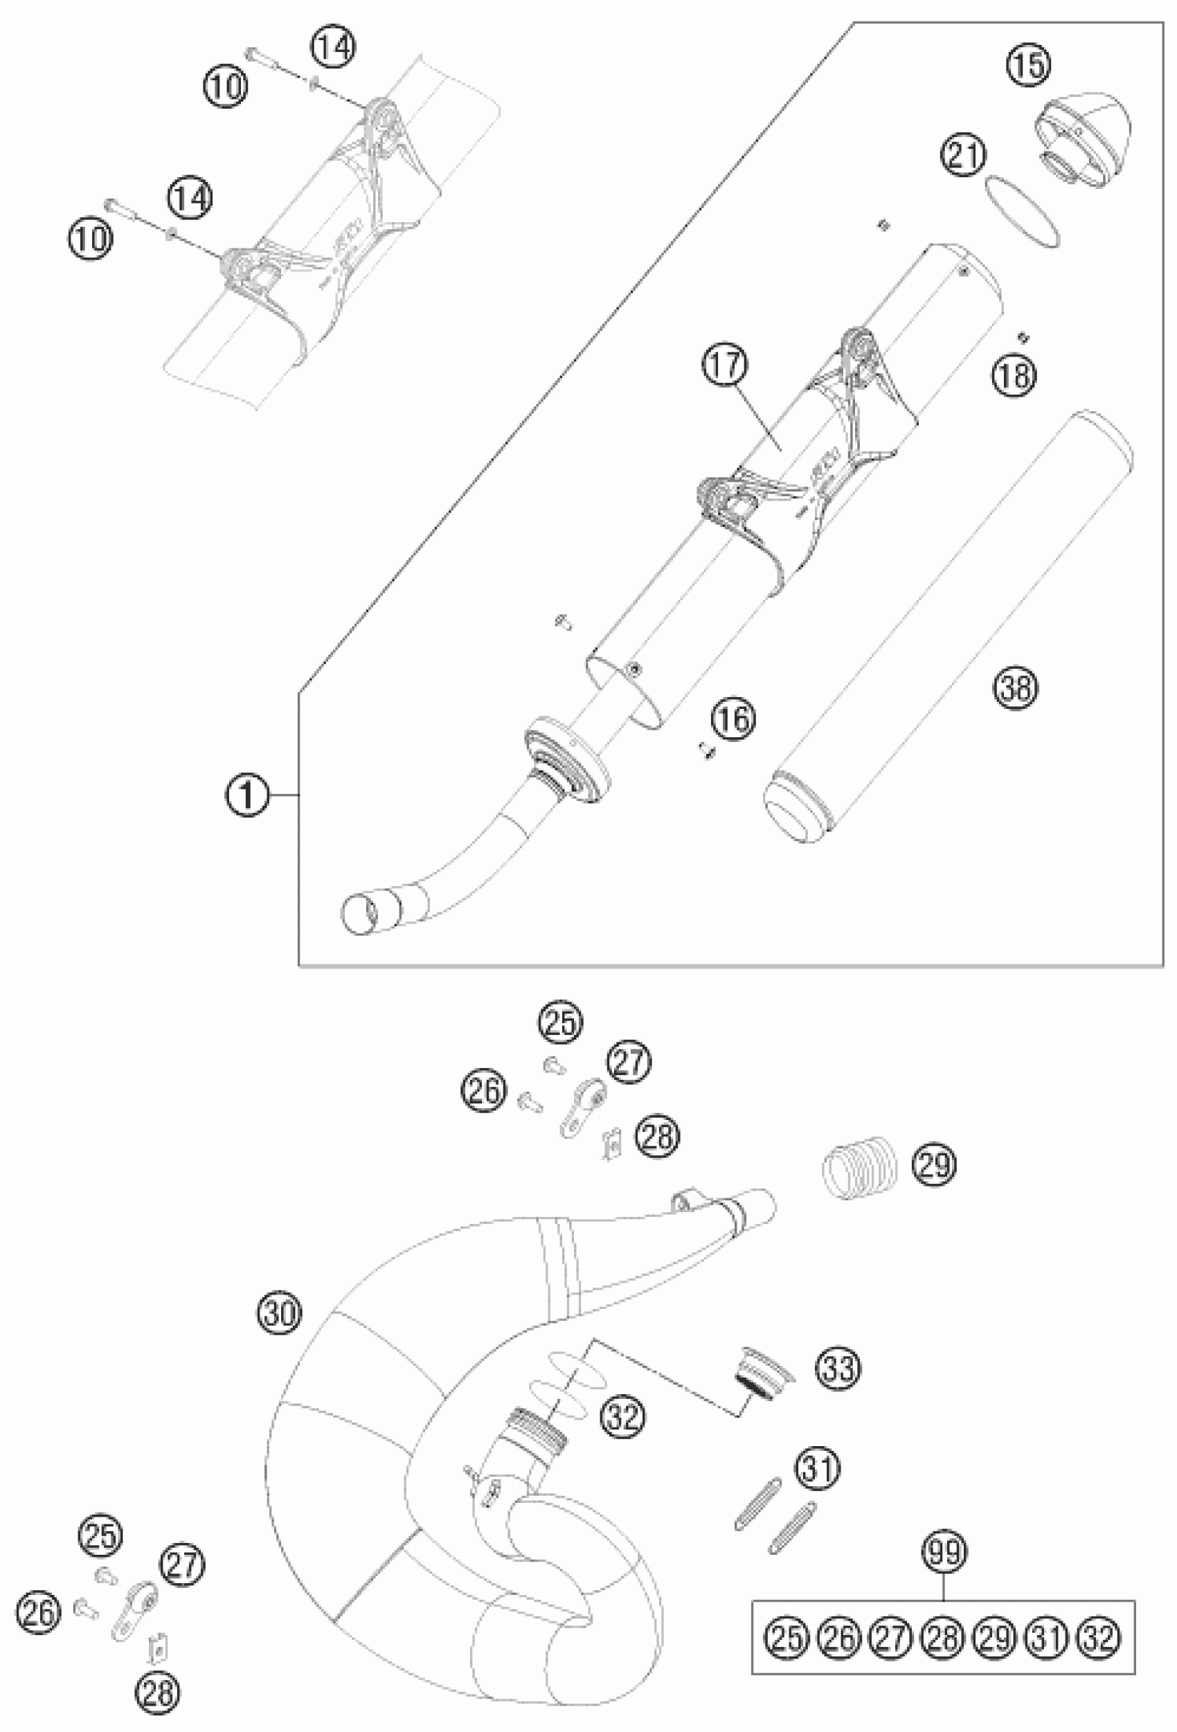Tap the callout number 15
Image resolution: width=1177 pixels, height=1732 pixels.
[1030, 66]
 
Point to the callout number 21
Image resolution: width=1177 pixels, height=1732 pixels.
[962, 155]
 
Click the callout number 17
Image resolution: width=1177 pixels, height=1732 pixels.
[728, 366]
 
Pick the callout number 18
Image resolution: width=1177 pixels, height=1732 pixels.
[1014, 373]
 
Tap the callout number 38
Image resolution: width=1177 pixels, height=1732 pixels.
[1015, 687]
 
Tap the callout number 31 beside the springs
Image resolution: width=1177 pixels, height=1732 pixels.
[818, 1468]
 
